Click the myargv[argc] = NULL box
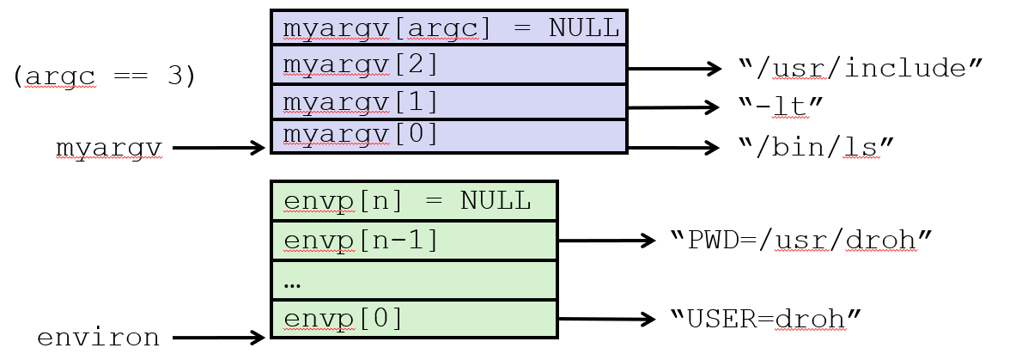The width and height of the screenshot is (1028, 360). [449, 27]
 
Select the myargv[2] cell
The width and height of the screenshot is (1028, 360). [449, 64]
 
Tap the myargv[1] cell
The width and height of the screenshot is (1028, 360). [449, 102]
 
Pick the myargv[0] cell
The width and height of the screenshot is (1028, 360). [449, 137]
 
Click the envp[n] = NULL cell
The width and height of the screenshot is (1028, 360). [414, 201]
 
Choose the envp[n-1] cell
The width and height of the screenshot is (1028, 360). [414, 240]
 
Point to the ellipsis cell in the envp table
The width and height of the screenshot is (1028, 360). [414, 280]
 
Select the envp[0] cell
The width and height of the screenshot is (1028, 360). [414, 319]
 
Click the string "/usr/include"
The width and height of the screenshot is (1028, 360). [859, 68]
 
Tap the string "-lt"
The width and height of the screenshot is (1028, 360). [781, 107]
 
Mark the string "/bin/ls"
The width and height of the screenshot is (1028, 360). [816, 148]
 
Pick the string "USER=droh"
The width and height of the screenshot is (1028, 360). [764, 320]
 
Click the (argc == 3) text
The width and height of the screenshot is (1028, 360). [104, 76]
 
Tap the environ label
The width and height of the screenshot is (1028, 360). [97, 338]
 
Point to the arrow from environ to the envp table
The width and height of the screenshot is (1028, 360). [218, 338]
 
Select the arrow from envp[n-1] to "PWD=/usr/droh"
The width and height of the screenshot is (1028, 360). [605, 241]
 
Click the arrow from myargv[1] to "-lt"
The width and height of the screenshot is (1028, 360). [674, 108]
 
